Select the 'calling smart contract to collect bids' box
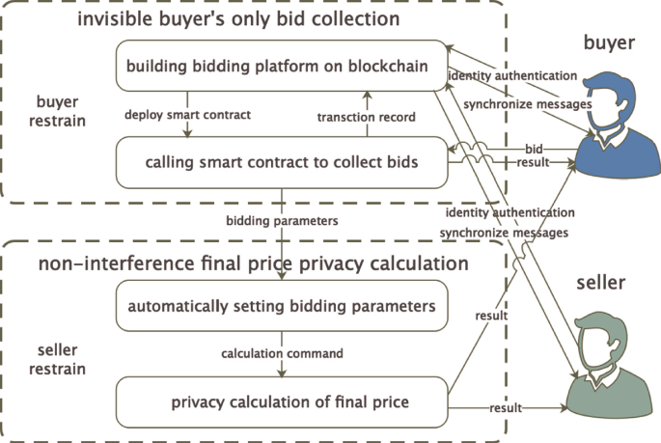click(x=281, y=161)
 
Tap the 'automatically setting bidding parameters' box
click(x=281, y=306)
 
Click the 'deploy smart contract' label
click(x=188, y=115)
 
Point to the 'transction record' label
click(x=366, y=117)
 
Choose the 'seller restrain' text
click(x=60, y=360)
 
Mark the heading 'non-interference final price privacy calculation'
click(x=253, y=263)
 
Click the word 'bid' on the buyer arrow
click(x=533, y=151)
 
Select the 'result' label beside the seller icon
click(x=506, y=408)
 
